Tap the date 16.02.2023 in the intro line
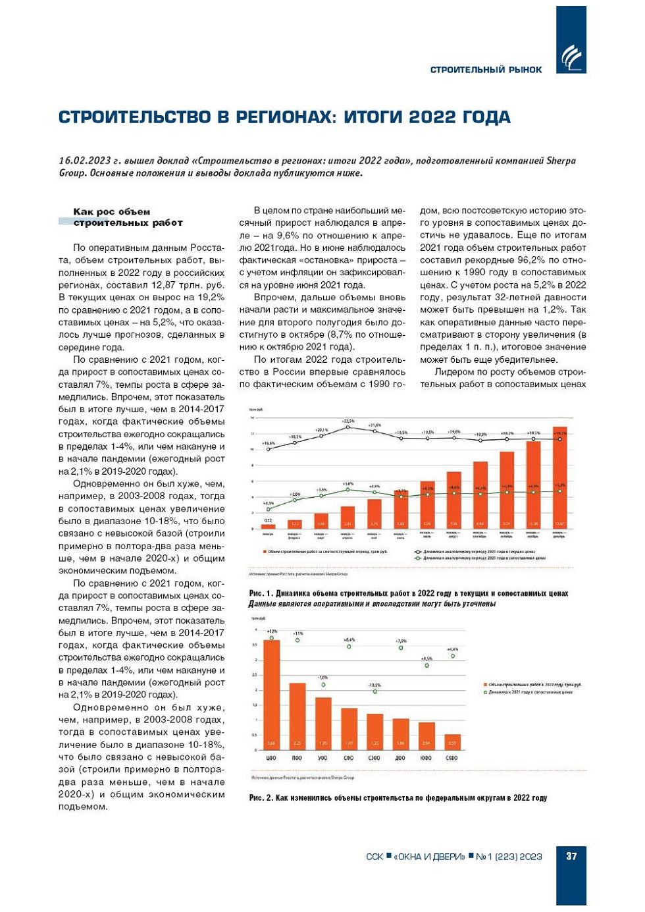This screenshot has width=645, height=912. click(x=84, y=160)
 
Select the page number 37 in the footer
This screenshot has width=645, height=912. click(x=571, y=856)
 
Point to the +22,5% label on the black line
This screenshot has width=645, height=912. click(x=348, y=421)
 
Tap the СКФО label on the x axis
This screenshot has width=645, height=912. click(x=451, y=759)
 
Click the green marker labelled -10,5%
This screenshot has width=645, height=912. click(x=374, y=691)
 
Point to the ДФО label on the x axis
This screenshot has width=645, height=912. click(x=400, y=759)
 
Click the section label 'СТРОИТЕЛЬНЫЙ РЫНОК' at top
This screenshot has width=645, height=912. click(x=486, y=70)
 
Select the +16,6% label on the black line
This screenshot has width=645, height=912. click(x=269, y=444)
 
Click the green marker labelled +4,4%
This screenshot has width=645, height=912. click(x=453, y=656)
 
